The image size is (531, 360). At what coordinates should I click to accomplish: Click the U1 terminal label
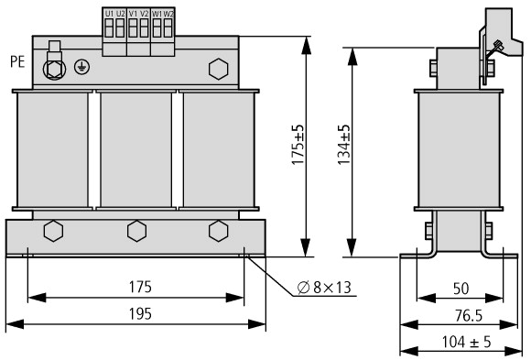pos(109,14)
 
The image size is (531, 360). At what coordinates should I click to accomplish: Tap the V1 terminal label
pos(133,14)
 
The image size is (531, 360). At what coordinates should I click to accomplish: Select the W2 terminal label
pos(168,14)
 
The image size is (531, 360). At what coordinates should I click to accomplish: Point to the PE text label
pos(17,62)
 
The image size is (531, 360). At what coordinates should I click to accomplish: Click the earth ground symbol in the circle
pos(82,67)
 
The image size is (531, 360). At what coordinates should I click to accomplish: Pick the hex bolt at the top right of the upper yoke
pos(219,69)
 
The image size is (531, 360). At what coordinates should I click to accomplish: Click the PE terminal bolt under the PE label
pos(55,69)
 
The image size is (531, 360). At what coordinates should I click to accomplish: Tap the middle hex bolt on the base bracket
pos(136,231)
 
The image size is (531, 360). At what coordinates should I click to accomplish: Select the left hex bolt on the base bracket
pos(53,231)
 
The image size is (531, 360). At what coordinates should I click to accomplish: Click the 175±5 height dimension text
pos(298,145)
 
